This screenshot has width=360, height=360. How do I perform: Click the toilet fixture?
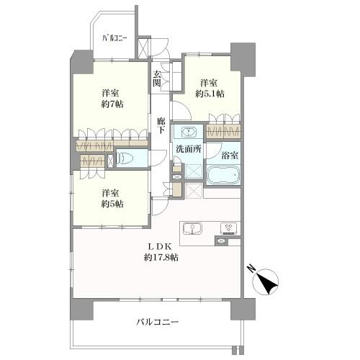pyautogui.click(x=124, y=158)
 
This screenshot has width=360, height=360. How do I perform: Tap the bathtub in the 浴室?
pyautogui.click(x=223, y=175)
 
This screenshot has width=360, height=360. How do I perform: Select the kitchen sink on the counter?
pyautogui.click(x=192, y=228)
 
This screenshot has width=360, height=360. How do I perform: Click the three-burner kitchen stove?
pyautogui.click(x=229, y=228)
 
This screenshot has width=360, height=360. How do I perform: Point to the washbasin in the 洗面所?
pyautogui.click(x=189, y=132)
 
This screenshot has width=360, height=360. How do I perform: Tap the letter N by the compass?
pyautogui.click(x=251, y=269)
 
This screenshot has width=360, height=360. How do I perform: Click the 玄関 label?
pyautogui.click(x=157, y=78)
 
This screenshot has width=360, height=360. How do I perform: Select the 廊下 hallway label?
pyautogui.click(x=161, y=125)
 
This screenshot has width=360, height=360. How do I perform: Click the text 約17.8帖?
pyautogui.click(x=161, y=258)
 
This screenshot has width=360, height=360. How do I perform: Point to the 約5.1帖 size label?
pyautogui.click(x=210, y=94)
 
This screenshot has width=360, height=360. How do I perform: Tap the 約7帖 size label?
pyautogui.click(x=112, y=104)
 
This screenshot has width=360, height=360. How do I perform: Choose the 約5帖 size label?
pyautogui.click(x=112, y=204)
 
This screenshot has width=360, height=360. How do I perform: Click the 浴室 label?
pyautogui.click(x=230, y=156)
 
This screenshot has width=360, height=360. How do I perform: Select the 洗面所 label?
pyautogui.click(x=189, y=149)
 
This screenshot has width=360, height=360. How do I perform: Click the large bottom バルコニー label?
pyautogui.click(x=158, y=322)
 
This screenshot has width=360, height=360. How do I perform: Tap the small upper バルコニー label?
pyautogui.click(x=114, y=38)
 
